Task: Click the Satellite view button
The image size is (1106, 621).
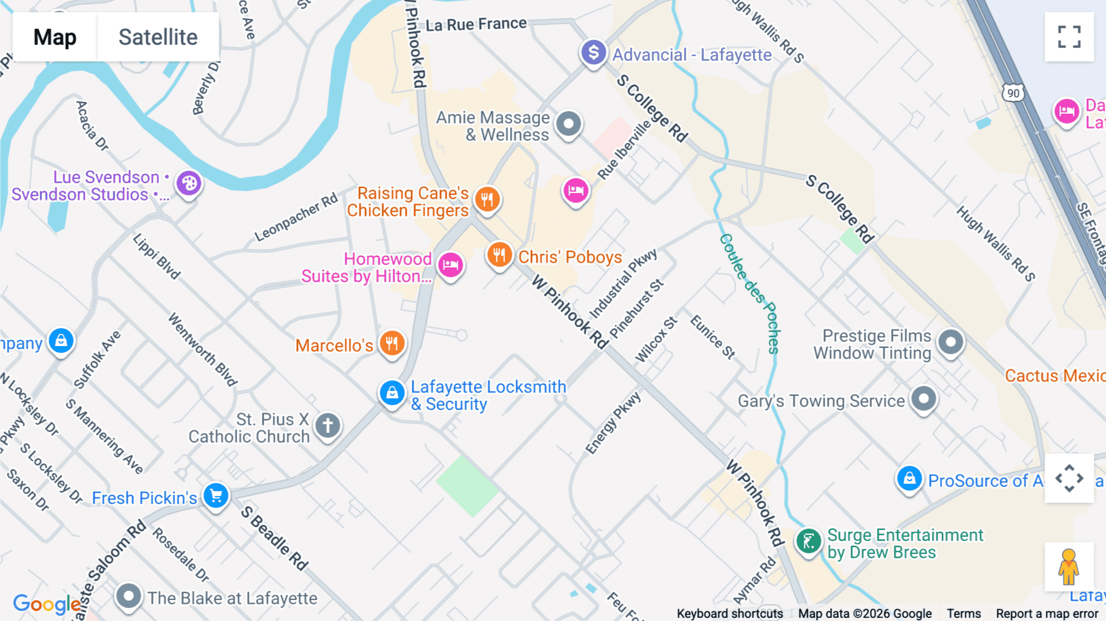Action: [158, 37]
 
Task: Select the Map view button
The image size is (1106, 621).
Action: [55, 37]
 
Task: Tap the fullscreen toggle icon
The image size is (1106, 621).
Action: [1069, 37]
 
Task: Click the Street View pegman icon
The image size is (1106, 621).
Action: [1069, 566]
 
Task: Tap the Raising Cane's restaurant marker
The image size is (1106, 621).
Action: [487, 199]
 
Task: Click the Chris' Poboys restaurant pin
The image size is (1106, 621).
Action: [500, 255]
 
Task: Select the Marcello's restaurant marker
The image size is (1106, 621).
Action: [392, 343]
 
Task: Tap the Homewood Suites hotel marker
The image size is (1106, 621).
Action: [450, 266]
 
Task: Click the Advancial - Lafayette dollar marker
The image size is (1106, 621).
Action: [594, 53]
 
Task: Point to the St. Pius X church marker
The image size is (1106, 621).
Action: [327, 425]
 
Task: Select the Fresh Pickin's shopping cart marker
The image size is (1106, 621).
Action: [216, 496]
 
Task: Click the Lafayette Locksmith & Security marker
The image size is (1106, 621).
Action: [392, 392]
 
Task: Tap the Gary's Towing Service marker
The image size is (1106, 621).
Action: [924, 399]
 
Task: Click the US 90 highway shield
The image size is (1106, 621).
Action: [1013, 93]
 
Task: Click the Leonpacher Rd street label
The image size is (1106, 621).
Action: [296, 217]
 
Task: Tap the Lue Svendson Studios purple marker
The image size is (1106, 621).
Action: [189, 183]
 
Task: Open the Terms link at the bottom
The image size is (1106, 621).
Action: [963, 613]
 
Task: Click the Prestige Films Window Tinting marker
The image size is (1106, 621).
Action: [951, 342]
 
